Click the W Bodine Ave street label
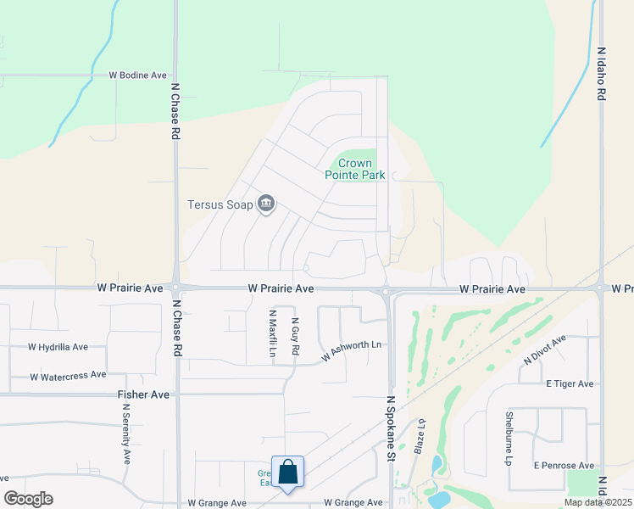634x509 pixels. pos(138,76)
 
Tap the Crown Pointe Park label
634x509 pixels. pos(355,169)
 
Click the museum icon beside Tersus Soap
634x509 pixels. pos(266,204)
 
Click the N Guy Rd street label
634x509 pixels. pos(295,337)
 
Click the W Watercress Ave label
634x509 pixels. pos(68,375)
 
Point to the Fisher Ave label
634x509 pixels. pos(143,394)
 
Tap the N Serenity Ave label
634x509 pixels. pos(126,433)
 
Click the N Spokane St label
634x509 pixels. pos(392,428)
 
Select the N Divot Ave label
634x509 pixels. pos(544,349)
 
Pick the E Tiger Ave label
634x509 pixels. pos(570,384)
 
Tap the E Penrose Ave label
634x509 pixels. pos(564,466)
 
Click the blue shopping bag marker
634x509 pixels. pos(288,472)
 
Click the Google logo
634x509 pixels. pos(28,498)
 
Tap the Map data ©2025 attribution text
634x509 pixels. pos(598,502)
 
